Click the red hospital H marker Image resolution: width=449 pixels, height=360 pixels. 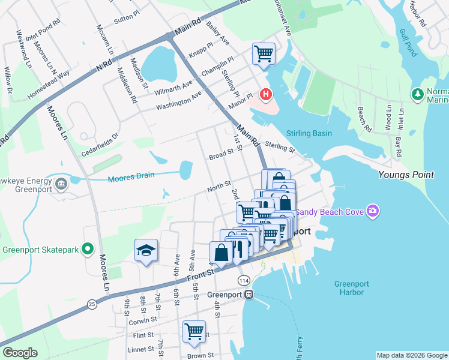point(265,94)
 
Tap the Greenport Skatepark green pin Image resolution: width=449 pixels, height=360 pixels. point(88,248)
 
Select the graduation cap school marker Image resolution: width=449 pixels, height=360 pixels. point(146,250)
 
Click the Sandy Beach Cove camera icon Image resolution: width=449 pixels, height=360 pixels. point(373,211)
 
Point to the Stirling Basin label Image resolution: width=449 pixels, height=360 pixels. point(310,133)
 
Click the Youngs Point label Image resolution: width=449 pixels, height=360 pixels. point(406,175)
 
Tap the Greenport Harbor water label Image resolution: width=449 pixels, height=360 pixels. point(349,288)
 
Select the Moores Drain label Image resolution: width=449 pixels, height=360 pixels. point(131,176)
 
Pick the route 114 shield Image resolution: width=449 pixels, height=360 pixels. point(243,281)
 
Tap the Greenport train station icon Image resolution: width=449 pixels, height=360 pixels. point(249,295)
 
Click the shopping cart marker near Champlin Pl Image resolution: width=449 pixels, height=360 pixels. point(264,54)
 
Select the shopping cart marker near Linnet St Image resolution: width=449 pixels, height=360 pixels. point(194,331)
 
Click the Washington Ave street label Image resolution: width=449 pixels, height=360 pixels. point(179,101)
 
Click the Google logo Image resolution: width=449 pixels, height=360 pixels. point(20,353)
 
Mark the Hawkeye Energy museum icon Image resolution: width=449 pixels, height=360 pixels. point(61,183)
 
